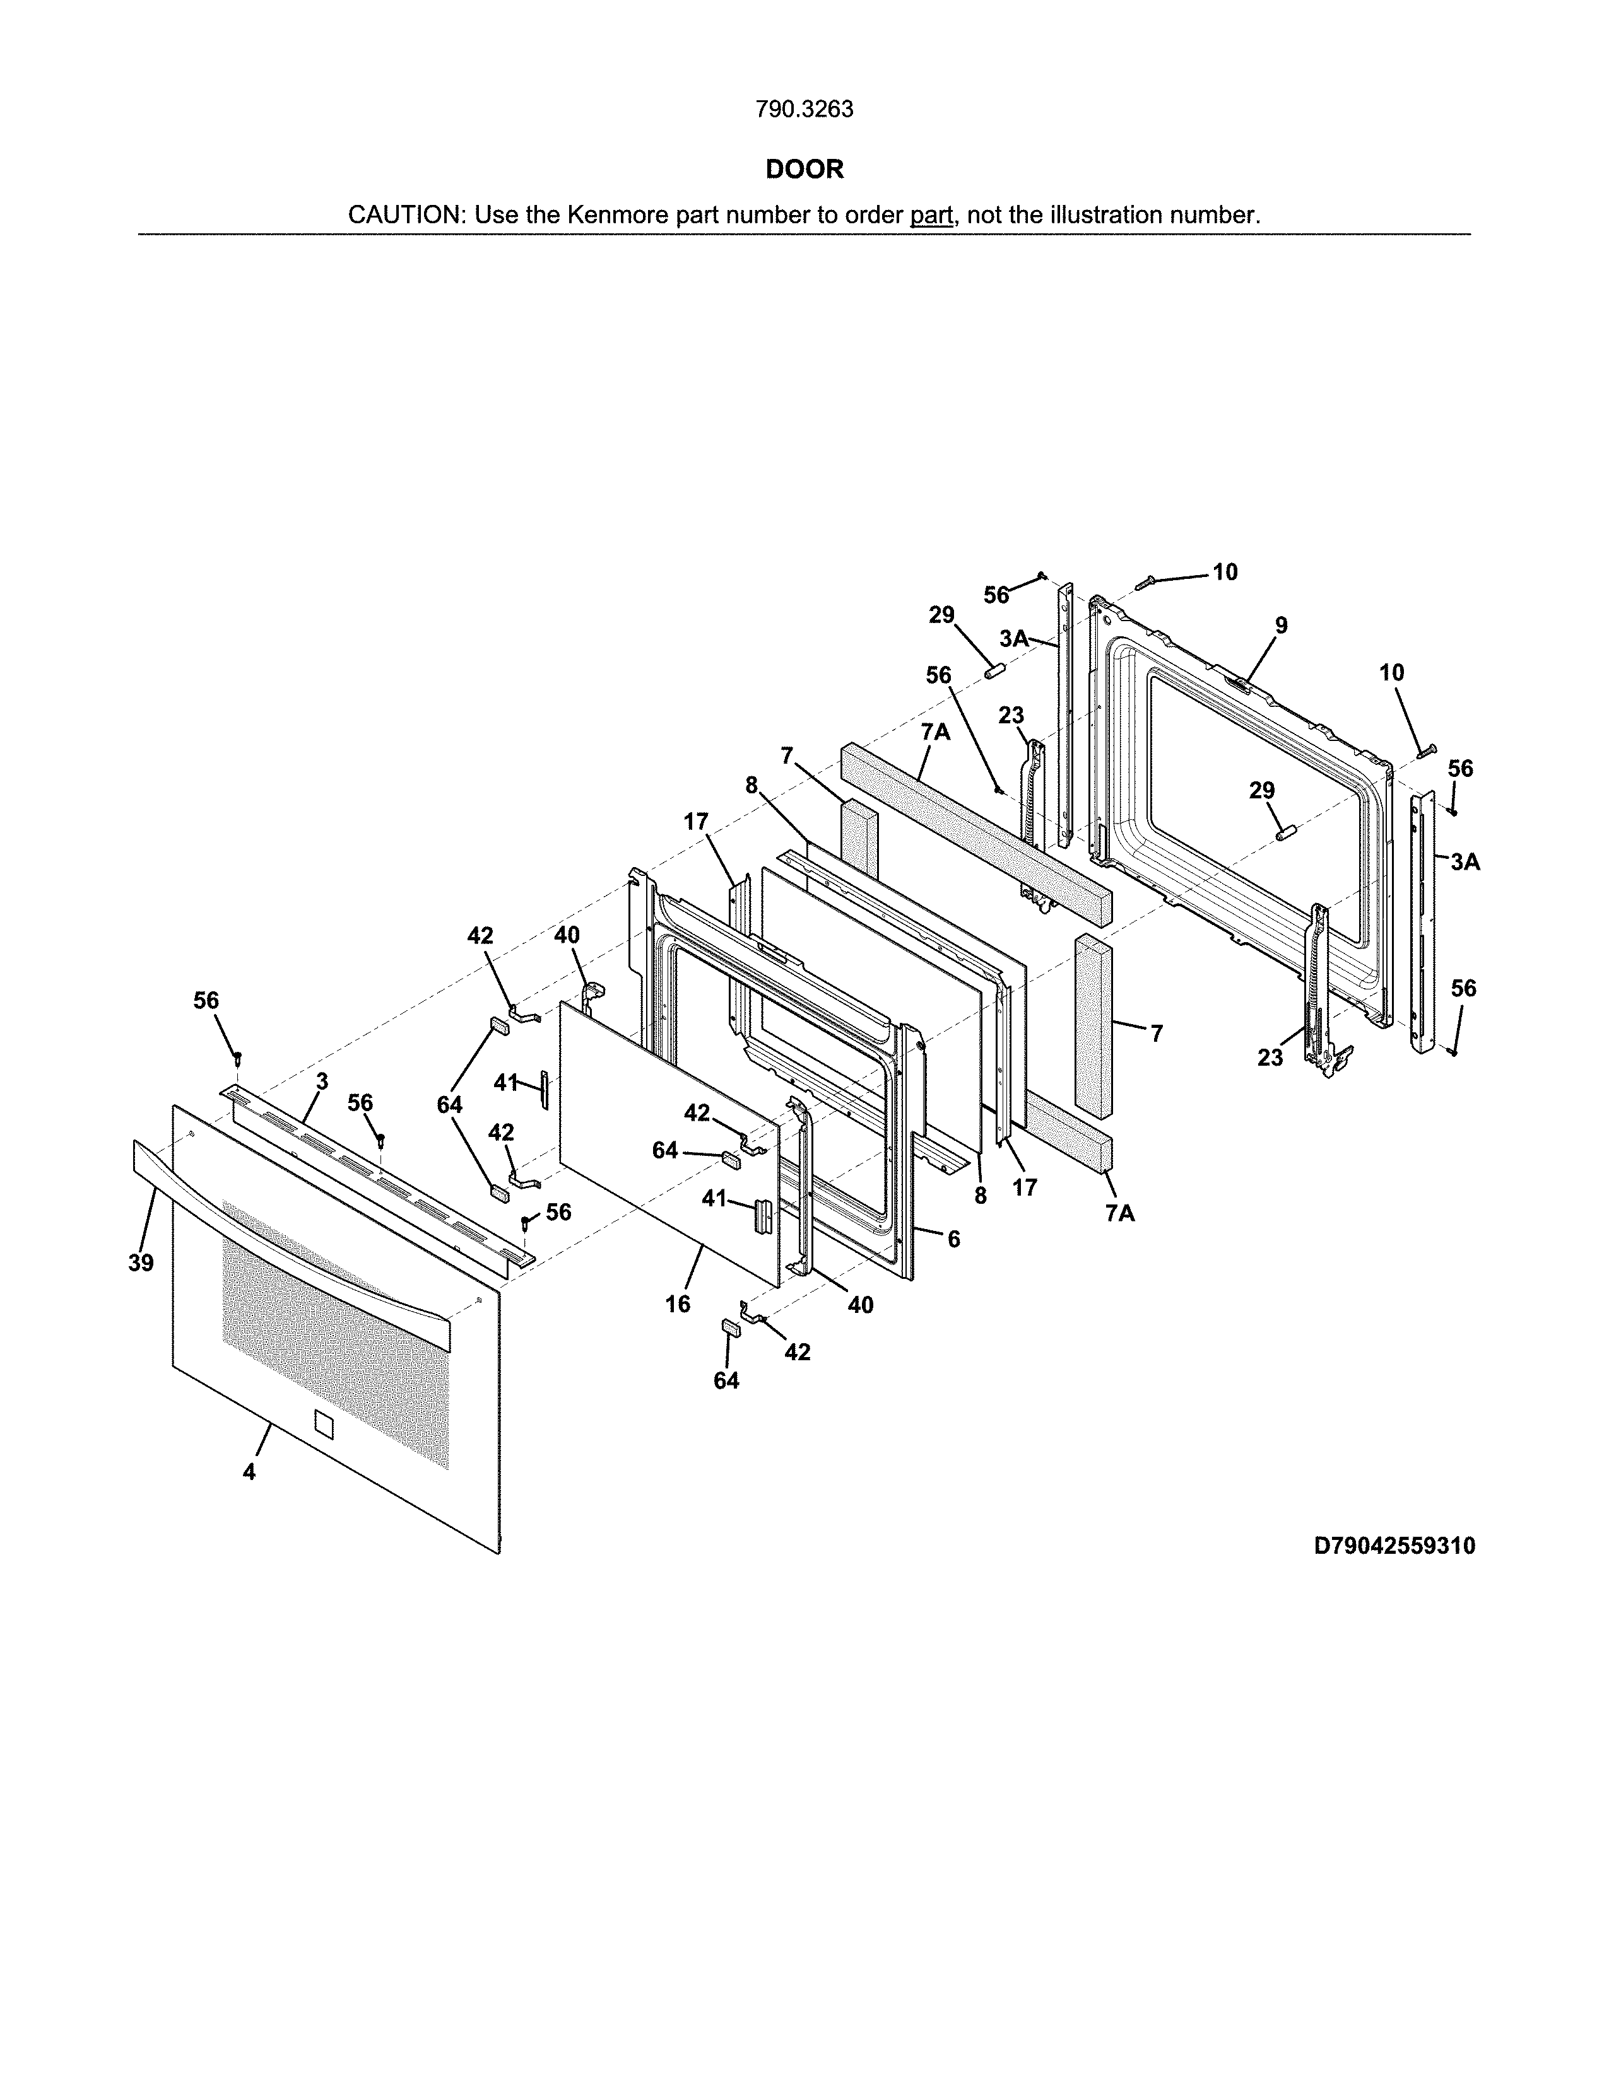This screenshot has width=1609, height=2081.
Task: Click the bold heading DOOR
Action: (x=804, y=170)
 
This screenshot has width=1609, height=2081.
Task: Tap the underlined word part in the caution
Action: (x=931, y=215)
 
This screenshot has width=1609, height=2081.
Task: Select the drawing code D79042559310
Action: (x=1394, y=1546)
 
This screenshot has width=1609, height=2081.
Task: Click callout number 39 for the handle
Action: (x=141, y=1264)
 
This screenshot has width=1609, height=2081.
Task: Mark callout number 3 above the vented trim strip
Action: (x=322, y=1081)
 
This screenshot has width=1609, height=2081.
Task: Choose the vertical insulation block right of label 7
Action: (x=1093, y=1024)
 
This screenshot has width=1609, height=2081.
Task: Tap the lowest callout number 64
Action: (x=726, y=1380)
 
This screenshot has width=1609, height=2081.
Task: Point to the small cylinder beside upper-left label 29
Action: (x=995, y=671)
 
